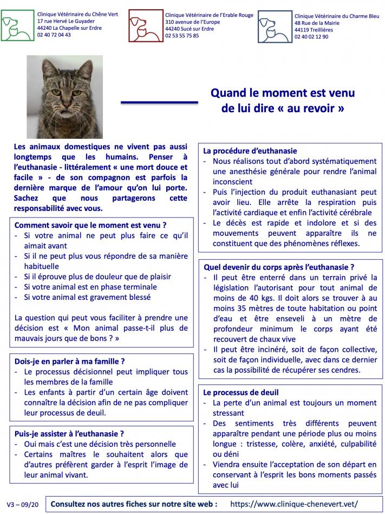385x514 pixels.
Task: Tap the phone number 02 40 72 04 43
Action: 54,35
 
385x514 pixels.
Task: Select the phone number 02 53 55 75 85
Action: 182,36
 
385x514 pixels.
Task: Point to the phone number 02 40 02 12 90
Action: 311,37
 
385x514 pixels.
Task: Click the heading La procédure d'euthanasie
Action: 250,151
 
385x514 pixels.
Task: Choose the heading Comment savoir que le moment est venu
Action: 90,224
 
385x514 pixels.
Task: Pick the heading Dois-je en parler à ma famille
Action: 70,361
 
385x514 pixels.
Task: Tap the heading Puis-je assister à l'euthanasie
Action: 69,433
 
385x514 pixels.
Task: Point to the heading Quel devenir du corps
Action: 279,267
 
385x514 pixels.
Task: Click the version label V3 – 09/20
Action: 22,504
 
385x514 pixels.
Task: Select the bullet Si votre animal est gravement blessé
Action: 87,297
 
